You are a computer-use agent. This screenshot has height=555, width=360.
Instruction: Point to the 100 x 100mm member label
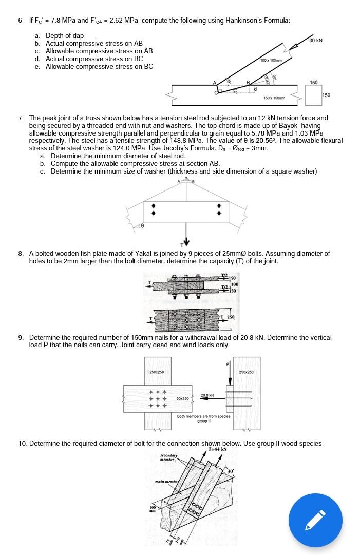(x=272, y=61)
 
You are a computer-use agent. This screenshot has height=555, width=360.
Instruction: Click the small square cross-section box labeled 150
(x=314, y=94)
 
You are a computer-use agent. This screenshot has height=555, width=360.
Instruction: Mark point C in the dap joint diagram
(x=216, y=92)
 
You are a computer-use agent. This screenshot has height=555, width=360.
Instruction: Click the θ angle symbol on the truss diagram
(x=142, y=225)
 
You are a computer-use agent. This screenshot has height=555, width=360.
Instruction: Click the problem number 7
(x=21, y=118)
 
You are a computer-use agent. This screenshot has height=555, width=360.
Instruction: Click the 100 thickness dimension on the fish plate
(x=235, y=284)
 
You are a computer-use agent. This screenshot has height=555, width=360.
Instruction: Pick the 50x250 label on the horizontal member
(x=184, y=398)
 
